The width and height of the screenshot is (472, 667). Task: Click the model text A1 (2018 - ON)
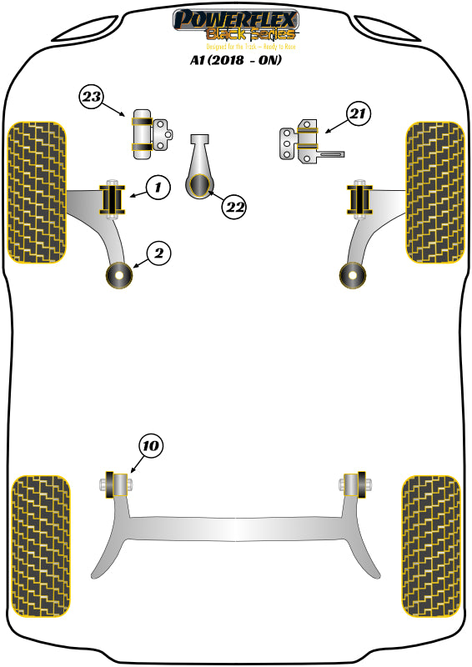(235, 60)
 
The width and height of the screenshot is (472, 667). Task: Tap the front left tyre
(37, 193)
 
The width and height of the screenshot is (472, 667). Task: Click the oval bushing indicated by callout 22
(201, 187)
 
